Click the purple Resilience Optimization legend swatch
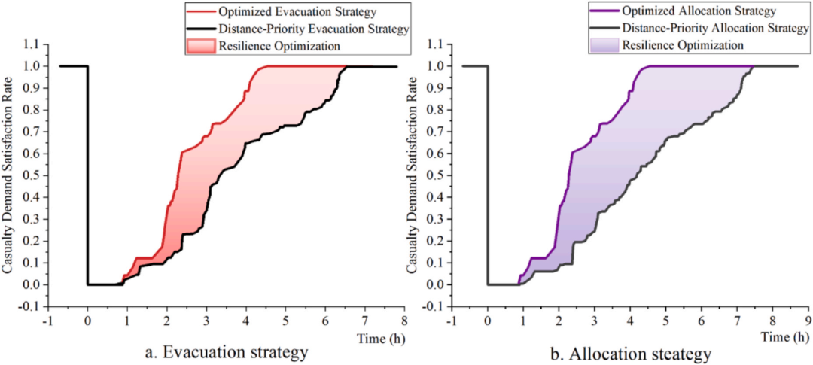pyautogui.click(x=604, y=45)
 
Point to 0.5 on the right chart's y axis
pyautogui.click(x=436, y=176)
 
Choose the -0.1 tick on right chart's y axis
pyautogui.click(x=434, y=306)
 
